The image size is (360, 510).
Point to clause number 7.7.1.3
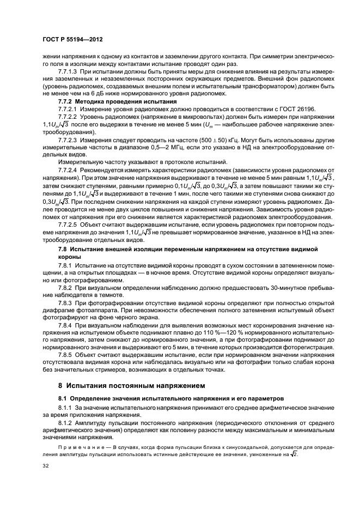69,71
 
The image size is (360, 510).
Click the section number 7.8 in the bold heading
64,248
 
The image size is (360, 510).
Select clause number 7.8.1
66,264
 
